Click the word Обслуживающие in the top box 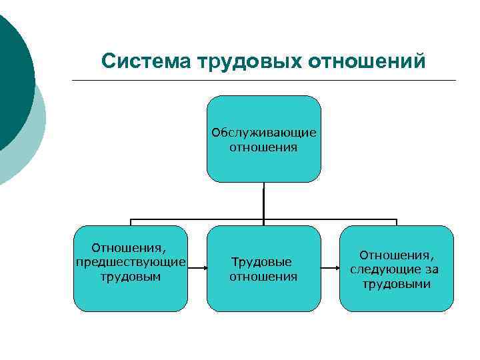pyautogui.click(x=264, y=132)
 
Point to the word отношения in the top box pyautogui.click(x=264, y=147)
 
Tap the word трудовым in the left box pyautogui.click(x=130, y=275)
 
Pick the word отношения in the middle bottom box pyautogui.click(x=264, y=276)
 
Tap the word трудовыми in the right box pyautogui.click(x=397, y=284)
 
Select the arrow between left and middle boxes pyautogui.click(x=197, y=269)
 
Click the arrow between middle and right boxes pyautogui.click(x=330, y=269)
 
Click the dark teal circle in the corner pyautogui.click(x=12, y=73)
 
